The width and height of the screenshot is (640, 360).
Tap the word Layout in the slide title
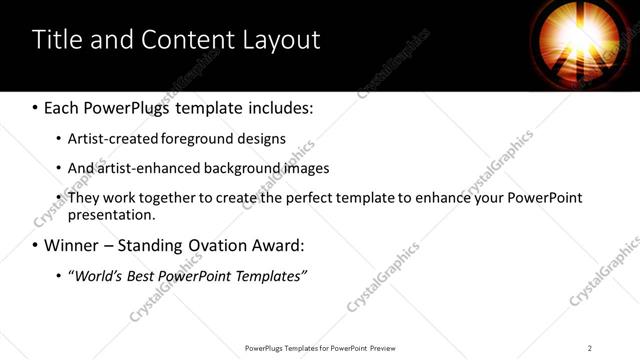282,40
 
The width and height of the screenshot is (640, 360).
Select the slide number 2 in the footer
590,347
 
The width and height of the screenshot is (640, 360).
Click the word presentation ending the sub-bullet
111,214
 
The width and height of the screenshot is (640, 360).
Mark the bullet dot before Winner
36,245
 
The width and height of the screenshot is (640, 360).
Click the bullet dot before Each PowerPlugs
36,106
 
